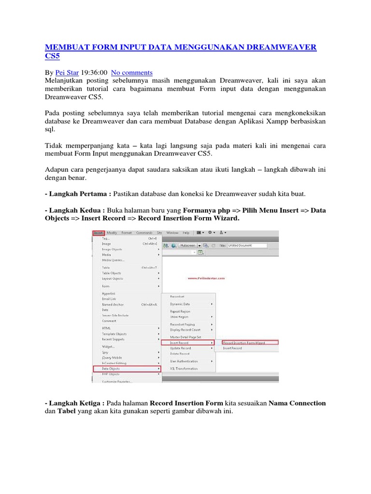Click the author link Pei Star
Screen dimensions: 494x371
tap(67, 73)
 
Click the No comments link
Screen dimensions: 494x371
tap(132, 73)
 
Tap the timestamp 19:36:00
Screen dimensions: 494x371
tap(95, 73)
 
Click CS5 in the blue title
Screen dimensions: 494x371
tap(53, 56)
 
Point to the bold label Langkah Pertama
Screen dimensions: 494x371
tap(80, 193)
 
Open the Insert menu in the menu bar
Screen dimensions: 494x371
tap(98, 233)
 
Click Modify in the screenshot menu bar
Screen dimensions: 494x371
tap(113, 233)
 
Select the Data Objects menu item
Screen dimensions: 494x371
tap(111, 369)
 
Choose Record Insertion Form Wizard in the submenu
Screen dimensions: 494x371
tap(244, 343)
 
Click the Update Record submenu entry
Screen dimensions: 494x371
tap(180, 348)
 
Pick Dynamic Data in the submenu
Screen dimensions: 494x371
tap(180, 304)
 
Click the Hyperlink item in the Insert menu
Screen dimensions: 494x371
tap(108, 293)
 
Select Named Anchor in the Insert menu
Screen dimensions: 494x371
tap(113, 305)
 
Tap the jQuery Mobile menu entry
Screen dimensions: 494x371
tap(113, 357)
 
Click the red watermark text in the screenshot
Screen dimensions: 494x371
tap(206, 278)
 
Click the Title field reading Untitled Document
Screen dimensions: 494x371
tap(246, 245)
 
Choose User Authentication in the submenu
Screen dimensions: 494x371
tap(184, 361)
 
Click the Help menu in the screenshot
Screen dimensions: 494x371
tap(186, 233)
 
